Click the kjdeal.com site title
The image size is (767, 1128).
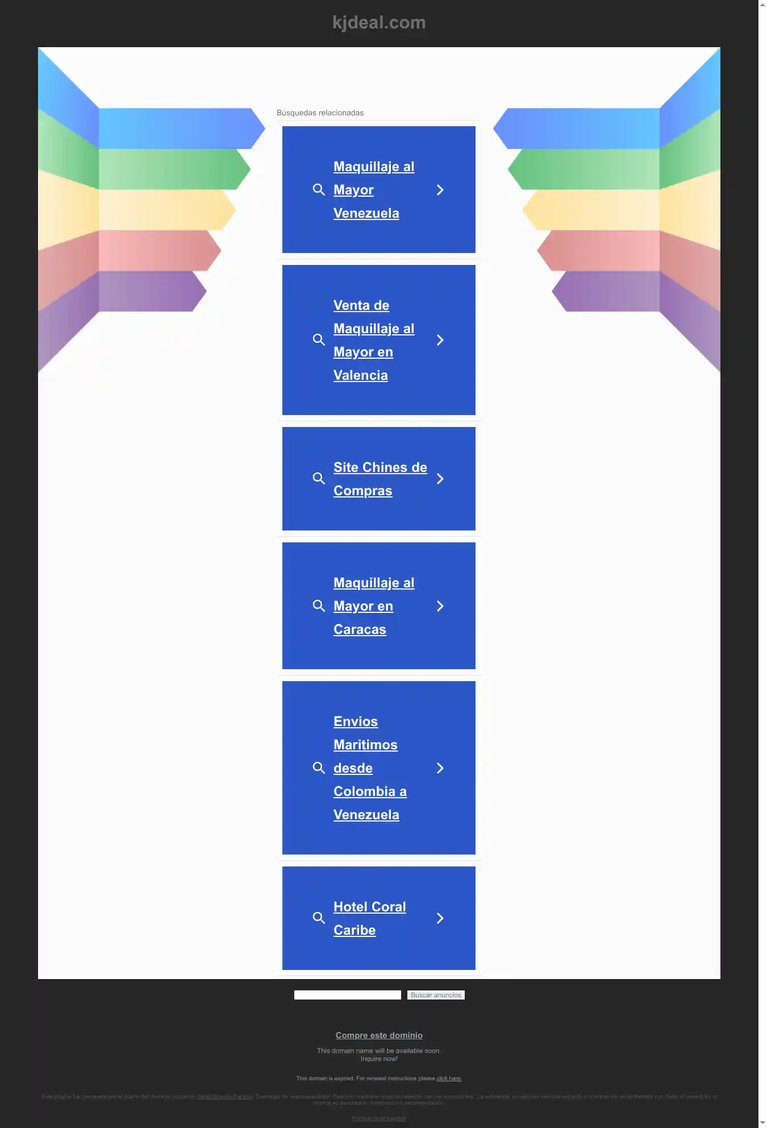click(378, 23)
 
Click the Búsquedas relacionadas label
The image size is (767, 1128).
click(320, 113)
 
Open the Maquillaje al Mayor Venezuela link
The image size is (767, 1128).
click(373, 190)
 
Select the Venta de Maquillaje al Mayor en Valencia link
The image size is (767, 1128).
click(373, 340)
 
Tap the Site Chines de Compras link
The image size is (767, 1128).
click(380, 479)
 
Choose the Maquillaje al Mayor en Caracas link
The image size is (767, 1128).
click(373, 606)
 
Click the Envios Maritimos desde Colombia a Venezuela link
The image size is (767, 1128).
click(369, 768)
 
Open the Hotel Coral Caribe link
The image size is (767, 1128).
click(369, 918)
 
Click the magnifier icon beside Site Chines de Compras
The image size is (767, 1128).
click(319, 479)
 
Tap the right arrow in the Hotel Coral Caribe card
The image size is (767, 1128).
click(440, 918)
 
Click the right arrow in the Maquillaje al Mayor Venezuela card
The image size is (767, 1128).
click(440, 190)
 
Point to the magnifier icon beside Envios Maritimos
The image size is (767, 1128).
click(319, 768)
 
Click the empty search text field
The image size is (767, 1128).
click(347, 995)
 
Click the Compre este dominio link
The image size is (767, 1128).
click(378, 1035)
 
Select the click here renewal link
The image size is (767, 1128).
click(449, 1079)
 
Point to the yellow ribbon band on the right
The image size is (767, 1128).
click(591, 210)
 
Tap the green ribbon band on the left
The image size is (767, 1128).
click(170, 169)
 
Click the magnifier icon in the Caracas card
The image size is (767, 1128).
click(319, 606)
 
